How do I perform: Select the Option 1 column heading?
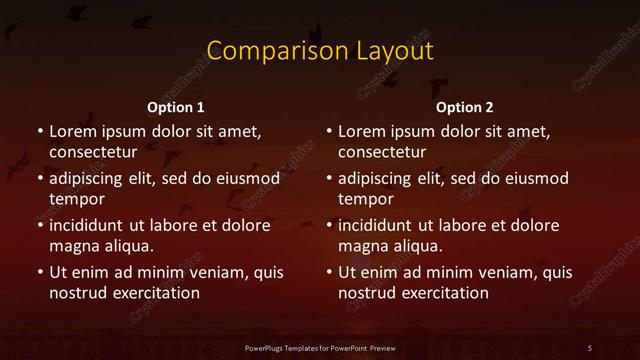[176, 107]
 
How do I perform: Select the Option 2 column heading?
[465, 107]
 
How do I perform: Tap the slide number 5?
[590, 347]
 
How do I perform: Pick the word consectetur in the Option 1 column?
[92, 152]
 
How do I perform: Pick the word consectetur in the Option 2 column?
[382, 152]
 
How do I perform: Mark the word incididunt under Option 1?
[91, 225]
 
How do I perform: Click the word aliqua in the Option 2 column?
[418, 246]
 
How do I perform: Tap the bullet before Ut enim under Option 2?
[328, 272]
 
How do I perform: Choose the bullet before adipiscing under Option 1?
[38, 179]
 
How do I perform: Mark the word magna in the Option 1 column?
[72, 246]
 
